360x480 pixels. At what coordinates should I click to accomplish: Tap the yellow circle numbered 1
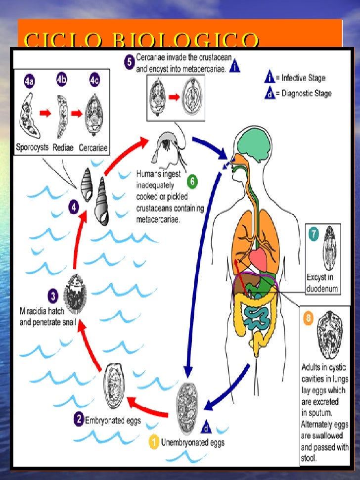[154, 442]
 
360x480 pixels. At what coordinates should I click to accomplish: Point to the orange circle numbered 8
[308, 319]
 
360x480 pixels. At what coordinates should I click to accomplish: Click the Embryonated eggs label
[113, 421]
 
